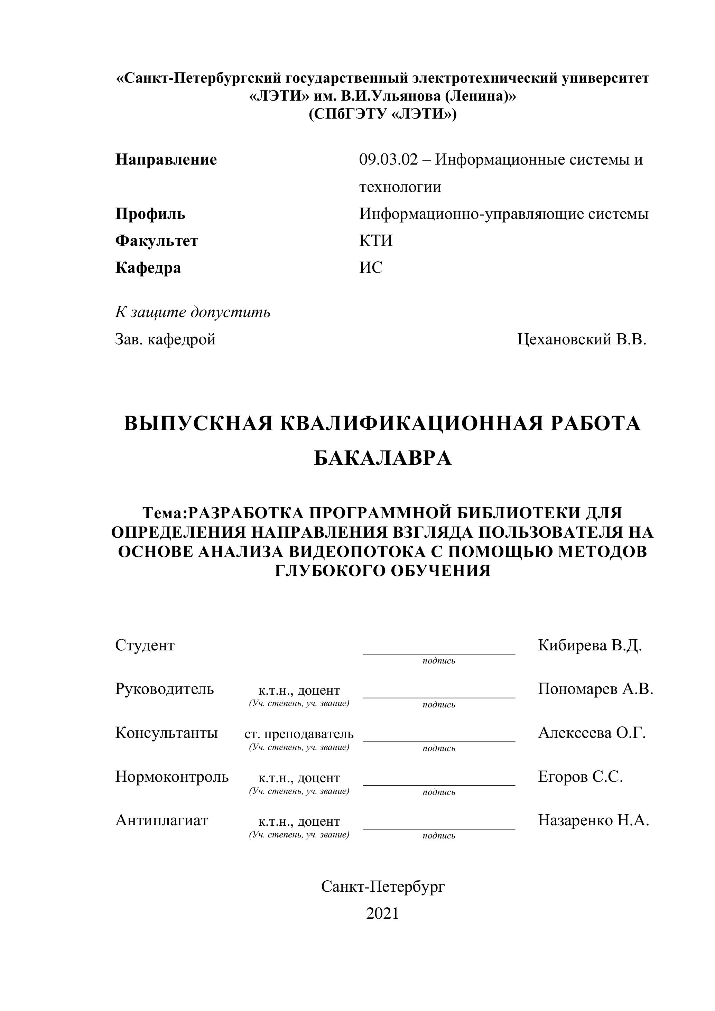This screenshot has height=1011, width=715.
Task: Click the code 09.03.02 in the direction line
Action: coord(388,159)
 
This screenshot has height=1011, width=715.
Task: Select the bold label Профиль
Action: coord(150,214)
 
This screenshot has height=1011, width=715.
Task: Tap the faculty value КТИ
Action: coord(375,241)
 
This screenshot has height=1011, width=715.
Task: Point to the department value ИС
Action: coord(371,268)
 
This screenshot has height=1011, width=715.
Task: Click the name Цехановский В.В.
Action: coord(582,340)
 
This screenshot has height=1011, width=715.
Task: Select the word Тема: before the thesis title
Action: coord(165,513)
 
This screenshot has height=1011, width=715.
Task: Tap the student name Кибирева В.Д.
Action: coord(590,646)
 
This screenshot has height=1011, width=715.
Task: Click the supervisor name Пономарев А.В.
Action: coord(595,689)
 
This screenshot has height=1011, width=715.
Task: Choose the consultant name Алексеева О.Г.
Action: coord(592,733)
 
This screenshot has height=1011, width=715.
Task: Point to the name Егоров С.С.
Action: coord(580,776)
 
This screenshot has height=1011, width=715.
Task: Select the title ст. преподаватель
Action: coord(299,734)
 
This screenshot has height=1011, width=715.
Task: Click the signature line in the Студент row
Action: coord(439,653)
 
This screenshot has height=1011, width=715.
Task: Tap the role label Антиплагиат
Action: coord(161,820)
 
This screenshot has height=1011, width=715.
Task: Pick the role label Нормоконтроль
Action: coord(172,776)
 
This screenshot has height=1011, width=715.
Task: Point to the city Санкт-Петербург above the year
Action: coord(383,887)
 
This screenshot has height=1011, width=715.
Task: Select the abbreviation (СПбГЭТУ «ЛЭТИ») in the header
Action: coord(383,114)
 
